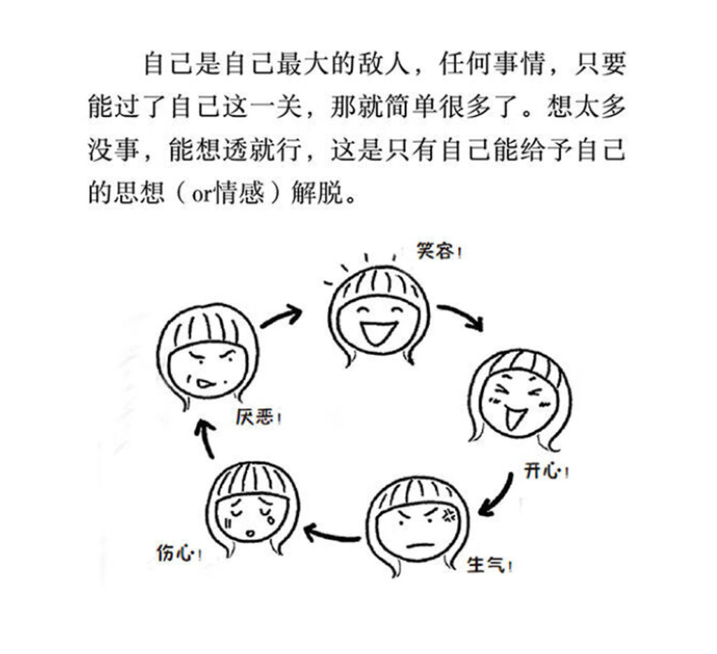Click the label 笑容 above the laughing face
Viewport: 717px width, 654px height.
tap(436, 251)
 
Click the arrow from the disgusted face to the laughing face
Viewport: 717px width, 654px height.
tap(281, 316)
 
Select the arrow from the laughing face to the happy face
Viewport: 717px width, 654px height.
tap(461, 316)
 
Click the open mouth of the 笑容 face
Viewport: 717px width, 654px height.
tap(377, 332)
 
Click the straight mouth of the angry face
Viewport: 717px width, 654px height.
tap(417, 545)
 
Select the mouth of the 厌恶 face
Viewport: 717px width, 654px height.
tap(205, 384)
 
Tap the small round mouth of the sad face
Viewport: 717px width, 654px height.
tap(249, 534)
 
